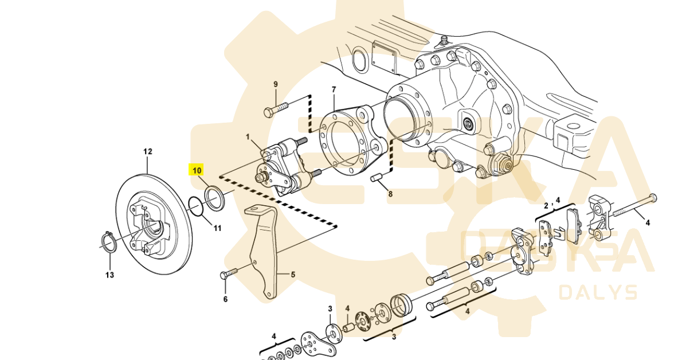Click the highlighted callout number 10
coord(197,170)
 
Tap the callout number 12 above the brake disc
coord(148,152)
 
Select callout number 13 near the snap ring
coord(109,275)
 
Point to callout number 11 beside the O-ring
coord(217,228)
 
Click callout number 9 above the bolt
coord(275,84)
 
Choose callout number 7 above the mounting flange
coord(334,89)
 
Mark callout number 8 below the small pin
coord(390,194)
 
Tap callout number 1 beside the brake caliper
coord(248,137)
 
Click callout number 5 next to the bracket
coord(293,275)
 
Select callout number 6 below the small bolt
coord(225,299)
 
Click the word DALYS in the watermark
coord(598,292)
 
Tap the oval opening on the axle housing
coord(360,60)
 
